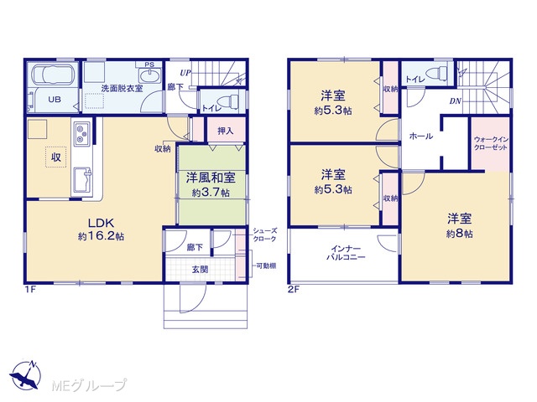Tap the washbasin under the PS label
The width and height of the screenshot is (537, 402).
149,75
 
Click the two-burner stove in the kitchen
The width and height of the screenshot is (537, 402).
82,134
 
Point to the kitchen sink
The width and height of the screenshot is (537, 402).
82,180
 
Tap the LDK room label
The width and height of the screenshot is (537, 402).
101,223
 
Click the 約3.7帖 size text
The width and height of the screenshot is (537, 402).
211,193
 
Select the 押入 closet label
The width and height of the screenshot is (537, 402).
226,131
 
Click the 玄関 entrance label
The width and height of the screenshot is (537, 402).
200,270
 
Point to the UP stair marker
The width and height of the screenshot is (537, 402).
185,73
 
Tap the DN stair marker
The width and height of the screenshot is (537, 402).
455,101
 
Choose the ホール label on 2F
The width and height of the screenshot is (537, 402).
421,136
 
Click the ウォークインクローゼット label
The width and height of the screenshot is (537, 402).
491,143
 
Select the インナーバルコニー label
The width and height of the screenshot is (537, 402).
346,253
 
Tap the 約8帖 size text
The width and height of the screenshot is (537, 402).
460,234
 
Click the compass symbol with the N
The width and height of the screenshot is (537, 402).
25,375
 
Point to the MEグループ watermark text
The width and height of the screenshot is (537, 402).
89,386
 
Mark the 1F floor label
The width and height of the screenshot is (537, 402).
30,290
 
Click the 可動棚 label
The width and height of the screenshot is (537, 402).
266,266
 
